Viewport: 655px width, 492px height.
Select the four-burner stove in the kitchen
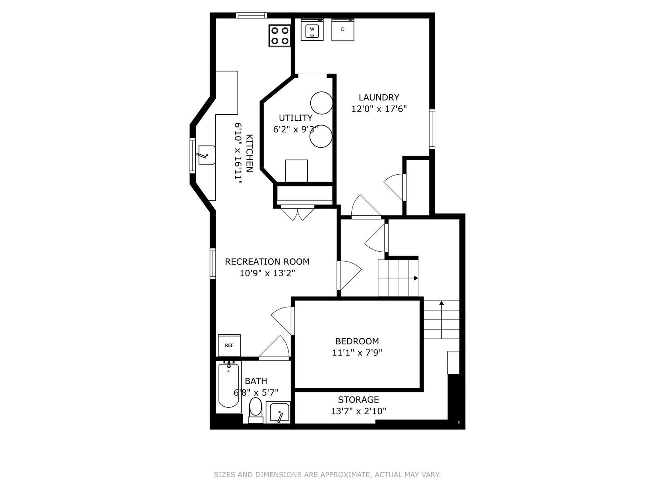pos(280,36)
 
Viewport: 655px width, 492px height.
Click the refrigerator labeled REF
pos(229,345)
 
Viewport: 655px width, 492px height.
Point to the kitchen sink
pos(206,155)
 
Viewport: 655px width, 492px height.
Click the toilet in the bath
pos(255,410)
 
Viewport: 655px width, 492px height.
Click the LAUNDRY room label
pos(379,98)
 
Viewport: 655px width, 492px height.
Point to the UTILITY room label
pos(296,118)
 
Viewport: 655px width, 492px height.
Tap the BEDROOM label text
pos(357,341)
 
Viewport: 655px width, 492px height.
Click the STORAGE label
pos(358,399)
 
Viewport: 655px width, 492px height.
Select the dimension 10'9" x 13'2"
pos(267,273)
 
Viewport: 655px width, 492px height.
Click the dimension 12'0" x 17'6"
pos(379,109)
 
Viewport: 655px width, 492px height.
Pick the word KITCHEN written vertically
pos(250,153)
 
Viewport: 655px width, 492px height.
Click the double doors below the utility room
pos(298,212)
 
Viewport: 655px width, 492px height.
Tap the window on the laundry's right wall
pos(432,129)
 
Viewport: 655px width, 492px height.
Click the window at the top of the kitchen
pos(251,15)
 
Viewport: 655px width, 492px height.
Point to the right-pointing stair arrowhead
pos(416,278)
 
